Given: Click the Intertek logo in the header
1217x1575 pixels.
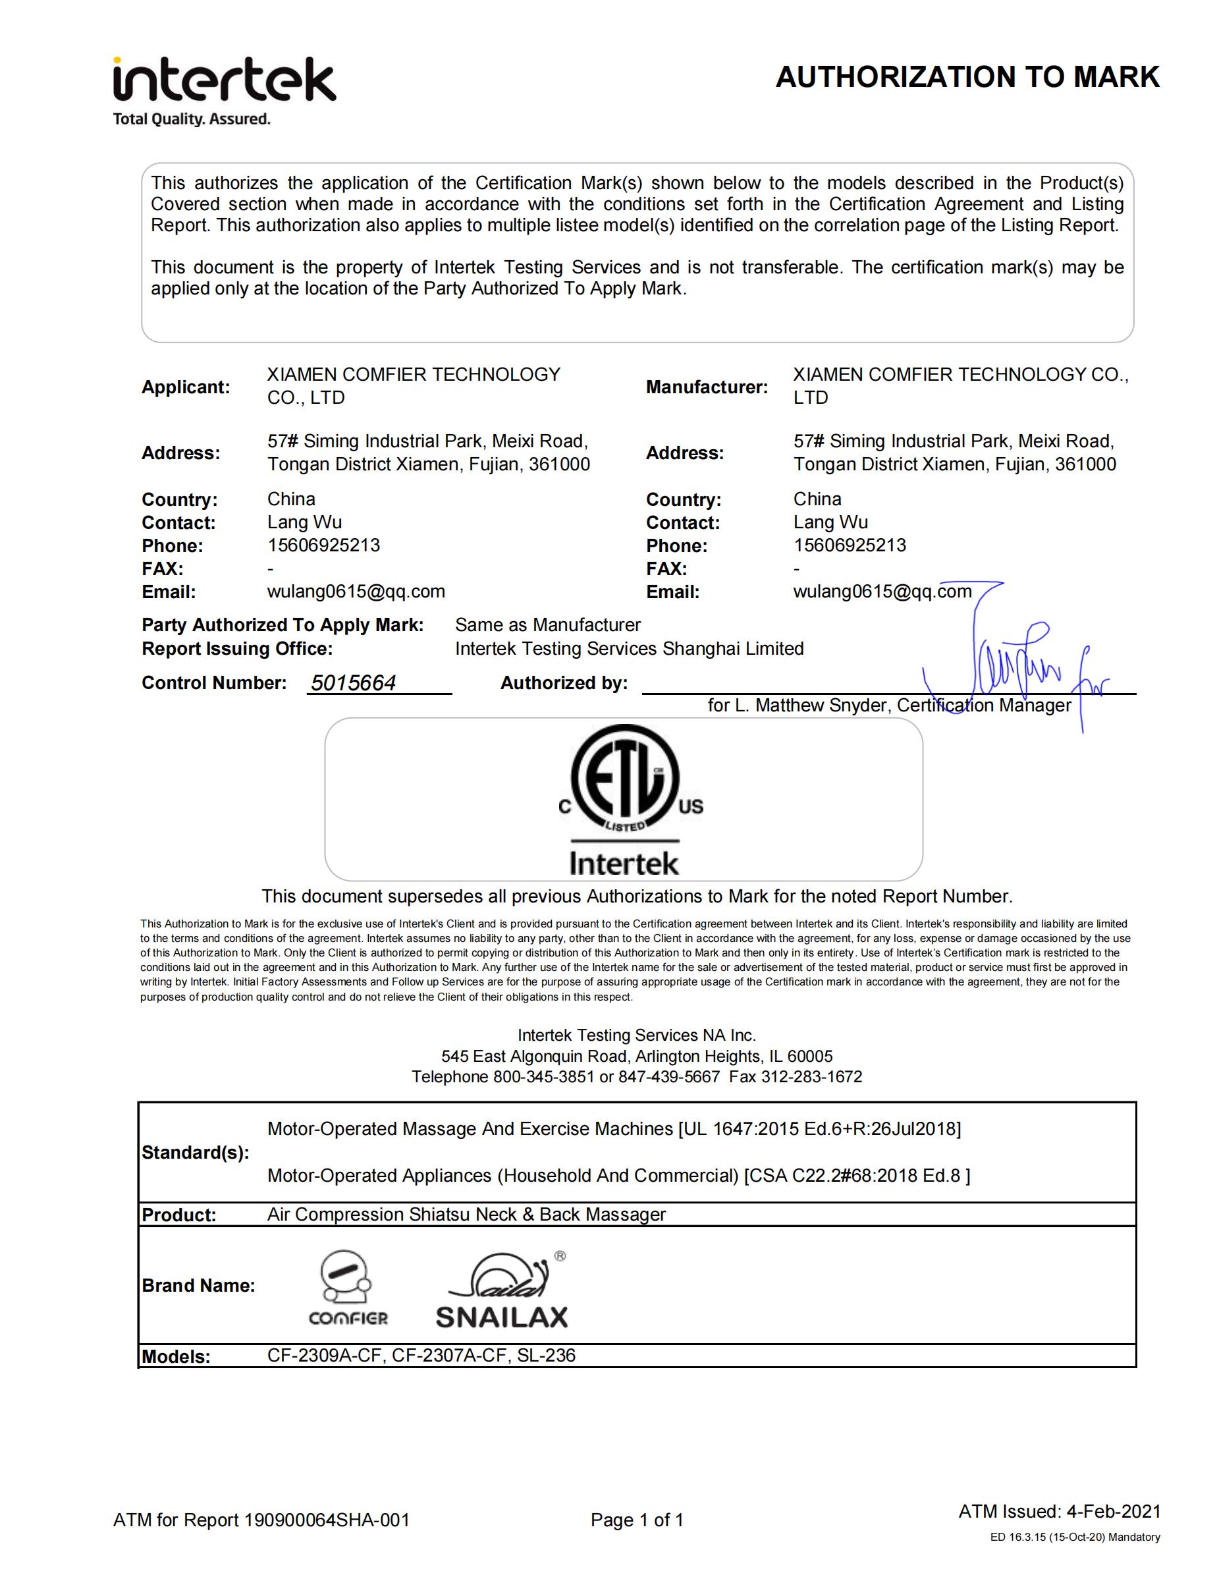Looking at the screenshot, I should [x=223, y=90].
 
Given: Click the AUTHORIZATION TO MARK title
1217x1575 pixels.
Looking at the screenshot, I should [x=967, y=77].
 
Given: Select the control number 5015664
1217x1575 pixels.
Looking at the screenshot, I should [x=353, y=683].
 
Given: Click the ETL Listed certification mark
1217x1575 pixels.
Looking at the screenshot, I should [x=624, y=783].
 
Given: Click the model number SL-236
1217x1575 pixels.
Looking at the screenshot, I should [x=547, y=1355].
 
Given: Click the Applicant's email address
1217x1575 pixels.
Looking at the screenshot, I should [x=356, y=592].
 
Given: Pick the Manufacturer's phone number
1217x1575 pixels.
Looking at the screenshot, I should [x=850, y=545].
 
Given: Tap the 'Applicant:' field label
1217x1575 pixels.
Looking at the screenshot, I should [x=185, y=387].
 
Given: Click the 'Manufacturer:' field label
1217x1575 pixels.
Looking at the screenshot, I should [x=707, y=387].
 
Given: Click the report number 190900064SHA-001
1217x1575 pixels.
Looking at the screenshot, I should [x=327, y=1520].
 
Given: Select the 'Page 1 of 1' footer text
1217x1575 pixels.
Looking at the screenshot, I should [x=637, y=1520].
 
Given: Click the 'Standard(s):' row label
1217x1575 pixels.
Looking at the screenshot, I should [x=196, y=1152].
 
